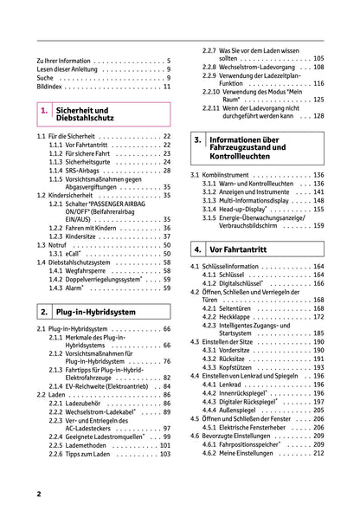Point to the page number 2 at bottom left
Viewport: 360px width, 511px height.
[39, 493]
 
